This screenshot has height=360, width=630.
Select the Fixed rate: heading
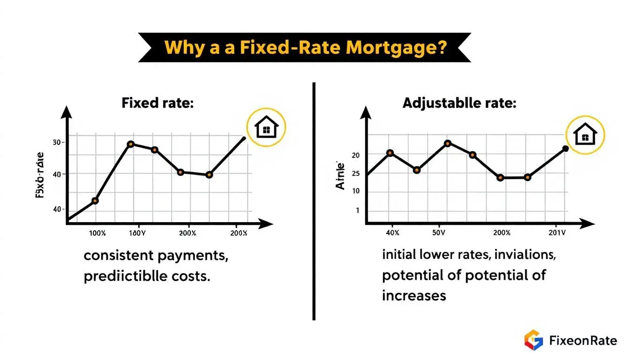[x=157, y=103]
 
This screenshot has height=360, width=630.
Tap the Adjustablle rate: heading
[x=459, y=103]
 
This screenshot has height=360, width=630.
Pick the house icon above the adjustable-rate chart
[x=585, y=135]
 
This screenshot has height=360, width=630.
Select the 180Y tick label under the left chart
[x=137, y=233]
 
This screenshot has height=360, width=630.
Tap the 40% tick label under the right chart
[x=392, y=232]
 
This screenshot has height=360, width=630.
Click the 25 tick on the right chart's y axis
[x=355, y=174]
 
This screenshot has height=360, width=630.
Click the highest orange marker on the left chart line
[x=131, y=144]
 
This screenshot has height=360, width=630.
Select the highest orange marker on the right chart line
[x=447, y=143]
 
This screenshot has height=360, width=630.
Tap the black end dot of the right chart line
[x=565, y=149]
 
